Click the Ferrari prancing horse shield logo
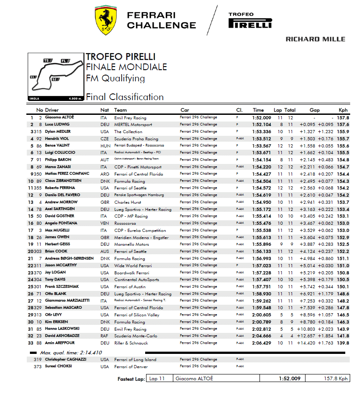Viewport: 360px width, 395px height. (x=106, y=21)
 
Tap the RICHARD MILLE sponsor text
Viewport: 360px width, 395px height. (x=315, y=39)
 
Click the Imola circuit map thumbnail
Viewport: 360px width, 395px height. (x=55, y=76)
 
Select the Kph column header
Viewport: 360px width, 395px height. (x=343, y=110)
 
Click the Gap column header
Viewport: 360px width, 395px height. (x=314, y=110)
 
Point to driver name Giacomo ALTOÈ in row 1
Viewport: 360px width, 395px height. (x=59, y=118)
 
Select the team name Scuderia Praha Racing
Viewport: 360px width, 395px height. (x=136, y=139)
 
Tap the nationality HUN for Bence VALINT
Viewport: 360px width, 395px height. (x=105, y=146)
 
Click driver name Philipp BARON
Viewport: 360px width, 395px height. (x=58, y=160)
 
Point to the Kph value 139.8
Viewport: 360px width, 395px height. (x=343, y=343)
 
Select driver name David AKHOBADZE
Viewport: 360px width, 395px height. (x=63, y=336)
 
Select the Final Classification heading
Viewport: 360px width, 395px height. (x=125, y=97)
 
